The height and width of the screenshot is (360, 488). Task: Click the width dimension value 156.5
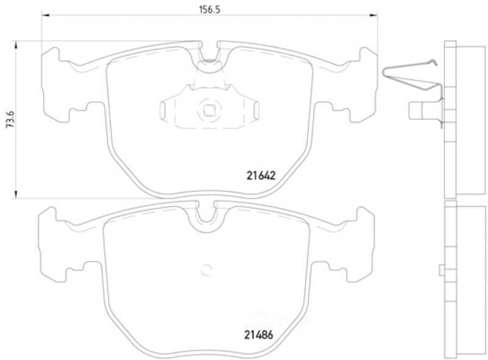point(209,10)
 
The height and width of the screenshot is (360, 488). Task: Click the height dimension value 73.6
point(10,119)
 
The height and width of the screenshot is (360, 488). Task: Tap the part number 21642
point(261,176)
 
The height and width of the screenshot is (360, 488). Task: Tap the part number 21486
point(259,335)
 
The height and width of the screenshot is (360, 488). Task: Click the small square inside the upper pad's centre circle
point(209,110)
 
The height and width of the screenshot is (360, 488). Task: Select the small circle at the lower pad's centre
point(206,270)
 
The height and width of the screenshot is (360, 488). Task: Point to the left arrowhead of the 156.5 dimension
point(45,15)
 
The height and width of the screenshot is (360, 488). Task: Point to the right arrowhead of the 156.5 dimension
point(373,15)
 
